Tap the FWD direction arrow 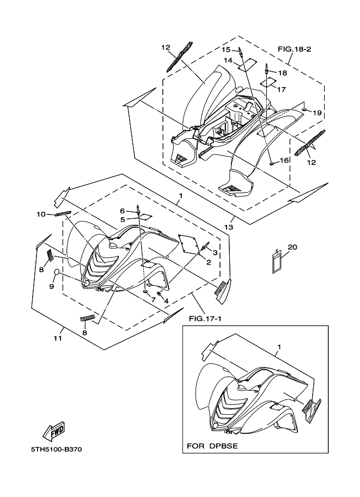(55, 432)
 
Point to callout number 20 (292, 247)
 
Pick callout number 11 (58, 338)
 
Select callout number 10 (41, 214)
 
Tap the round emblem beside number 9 (56, 272)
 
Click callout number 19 (318, 113)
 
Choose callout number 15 (225, 50)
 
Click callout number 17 (282, 89)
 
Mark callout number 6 (123, 211)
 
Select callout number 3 (215, 253)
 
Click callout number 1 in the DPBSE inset (279, 347)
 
